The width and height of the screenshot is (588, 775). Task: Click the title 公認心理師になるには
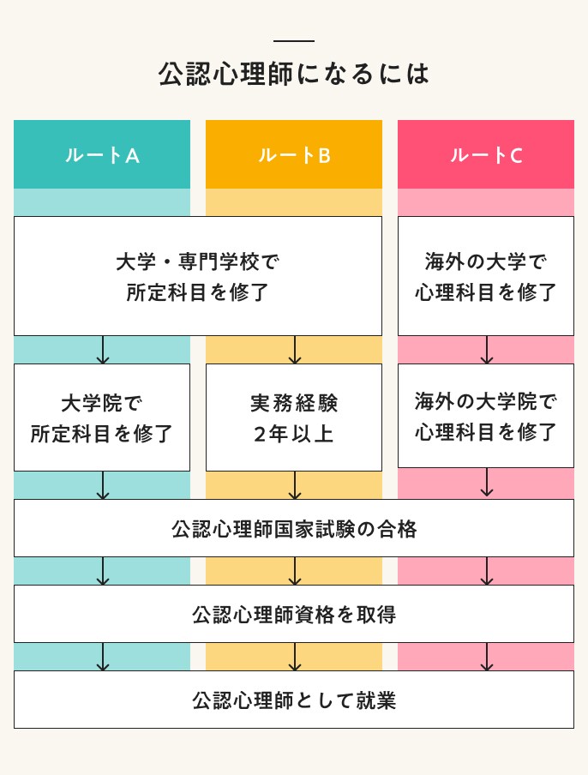click(294, 74)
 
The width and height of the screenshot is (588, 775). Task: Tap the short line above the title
click(294, 41)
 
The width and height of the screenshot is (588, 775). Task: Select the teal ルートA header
click(102, 154)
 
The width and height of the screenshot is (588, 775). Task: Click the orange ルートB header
click(294, 154)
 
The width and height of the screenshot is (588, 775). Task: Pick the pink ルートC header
click(486, 154)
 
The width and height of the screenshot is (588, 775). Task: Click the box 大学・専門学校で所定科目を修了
click(198, 276)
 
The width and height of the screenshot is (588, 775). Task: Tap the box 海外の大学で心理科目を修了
click(486, 276)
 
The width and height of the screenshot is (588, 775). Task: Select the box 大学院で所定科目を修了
click(102, 418)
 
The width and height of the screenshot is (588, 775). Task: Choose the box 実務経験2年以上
click(294, 418)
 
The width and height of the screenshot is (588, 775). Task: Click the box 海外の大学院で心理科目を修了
click(486, 416)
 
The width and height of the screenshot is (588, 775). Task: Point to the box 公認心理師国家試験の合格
click(294, 528)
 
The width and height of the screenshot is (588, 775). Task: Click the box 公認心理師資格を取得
click(294, 614)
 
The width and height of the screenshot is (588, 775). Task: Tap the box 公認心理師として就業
click(294, 700)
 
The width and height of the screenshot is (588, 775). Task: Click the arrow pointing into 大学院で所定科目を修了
click(103, 350)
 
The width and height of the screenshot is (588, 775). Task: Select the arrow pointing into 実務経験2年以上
click(295, 350)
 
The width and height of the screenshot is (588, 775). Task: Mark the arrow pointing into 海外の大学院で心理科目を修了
click(487, 350)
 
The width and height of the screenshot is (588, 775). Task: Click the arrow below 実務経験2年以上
click(295, 485)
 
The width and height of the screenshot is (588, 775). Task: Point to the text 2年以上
click(294, 434)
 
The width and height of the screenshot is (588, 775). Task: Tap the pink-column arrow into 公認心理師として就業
click(487, 657)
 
